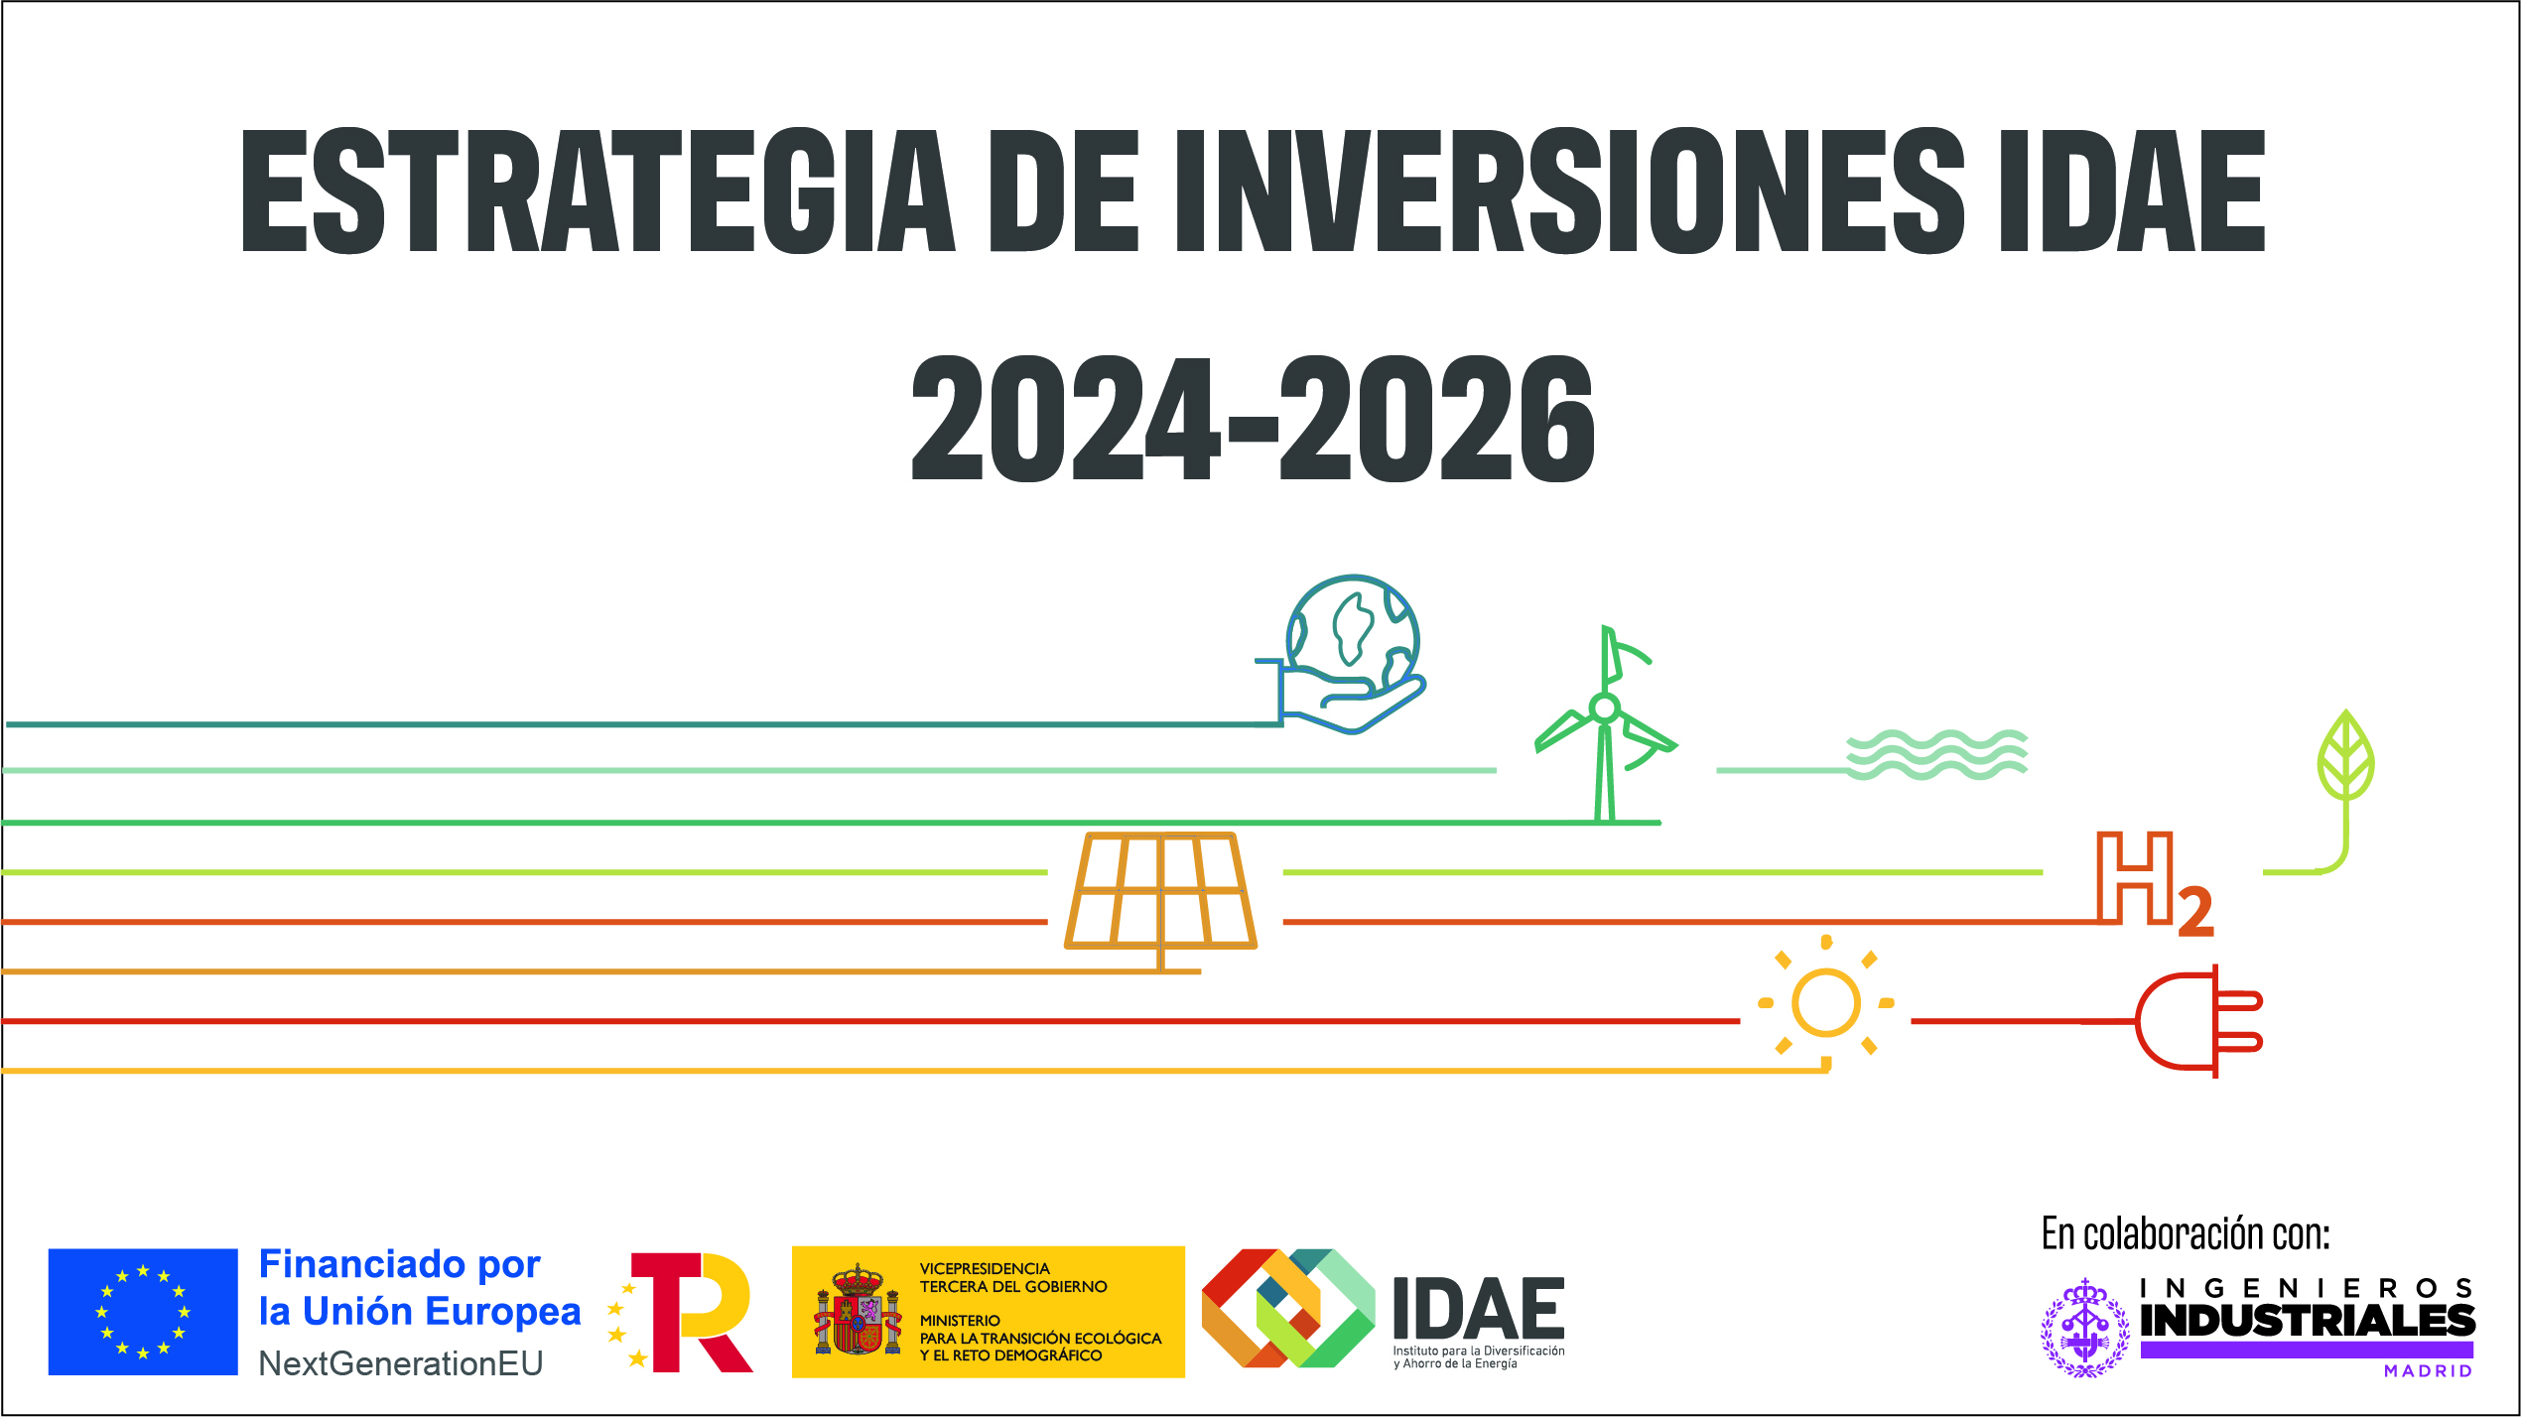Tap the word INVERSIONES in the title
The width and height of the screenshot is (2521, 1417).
(1569, 191)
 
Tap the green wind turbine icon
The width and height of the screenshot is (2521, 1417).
(1605, 724)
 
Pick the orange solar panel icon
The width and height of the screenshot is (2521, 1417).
(1160, 891)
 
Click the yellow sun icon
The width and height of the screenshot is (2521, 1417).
(1825, 1003)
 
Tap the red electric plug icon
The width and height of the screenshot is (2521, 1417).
(2197, 1021)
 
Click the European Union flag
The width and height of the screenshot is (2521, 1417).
(143, 1312)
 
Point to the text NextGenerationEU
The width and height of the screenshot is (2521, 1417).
(401, 1363)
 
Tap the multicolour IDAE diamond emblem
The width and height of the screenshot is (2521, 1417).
(1288, 1308)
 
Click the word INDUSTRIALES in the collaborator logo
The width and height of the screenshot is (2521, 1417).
(2308, 1321)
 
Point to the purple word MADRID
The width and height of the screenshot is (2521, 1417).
(2428, 1371)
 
